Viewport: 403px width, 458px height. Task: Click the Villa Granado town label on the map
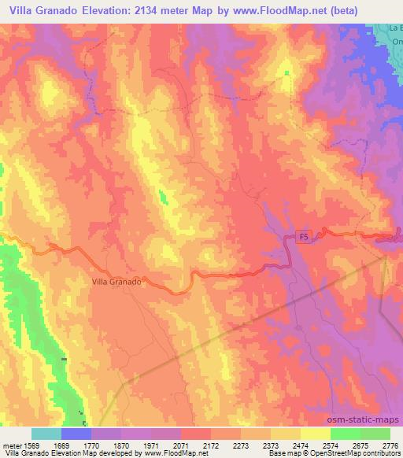coord(116,281)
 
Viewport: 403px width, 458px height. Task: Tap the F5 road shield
coord(304,236)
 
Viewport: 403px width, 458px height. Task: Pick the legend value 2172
coord(210,445)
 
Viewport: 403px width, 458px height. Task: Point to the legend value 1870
coord(120,445)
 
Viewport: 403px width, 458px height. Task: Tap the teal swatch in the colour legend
coord(46,434)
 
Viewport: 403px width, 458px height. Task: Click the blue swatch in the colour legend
coord(76,434)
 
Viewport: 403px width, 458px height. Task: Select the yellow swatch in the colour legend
coord(315,434)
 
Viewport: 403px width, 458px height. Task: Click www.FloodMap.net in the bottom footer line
coord(172,453)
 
